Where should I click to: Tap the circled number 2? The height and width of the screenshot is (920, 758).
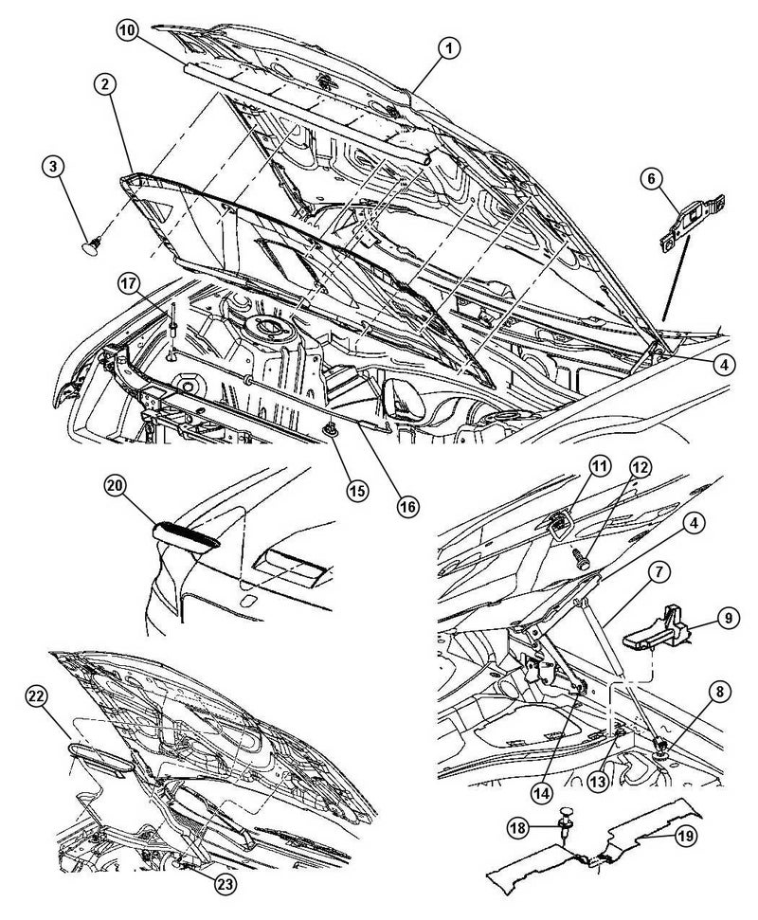point(105,84)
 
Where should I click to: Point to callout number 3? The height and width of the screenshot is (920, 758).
point(53,167)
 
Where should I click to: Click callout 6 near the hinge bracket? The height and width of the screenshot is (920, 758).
point(651,179)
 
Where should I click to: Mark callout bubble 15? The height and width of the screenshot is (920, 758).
point(356,490)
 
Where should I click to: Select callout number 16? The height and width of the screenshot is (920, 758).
point(408,505)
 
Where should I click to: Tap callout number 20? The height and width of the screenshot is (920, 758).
point(117,485)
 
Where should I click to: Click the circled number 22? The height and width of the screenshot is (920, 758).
point(37,696)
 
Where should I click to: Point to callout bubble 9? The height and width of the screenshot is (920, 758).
point(728,617)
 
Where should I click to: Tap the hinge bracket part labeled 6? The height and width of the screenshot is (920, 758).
point(693,224)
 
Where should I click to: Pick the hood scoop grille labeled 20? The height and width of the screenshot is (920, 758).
point(186,535)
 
